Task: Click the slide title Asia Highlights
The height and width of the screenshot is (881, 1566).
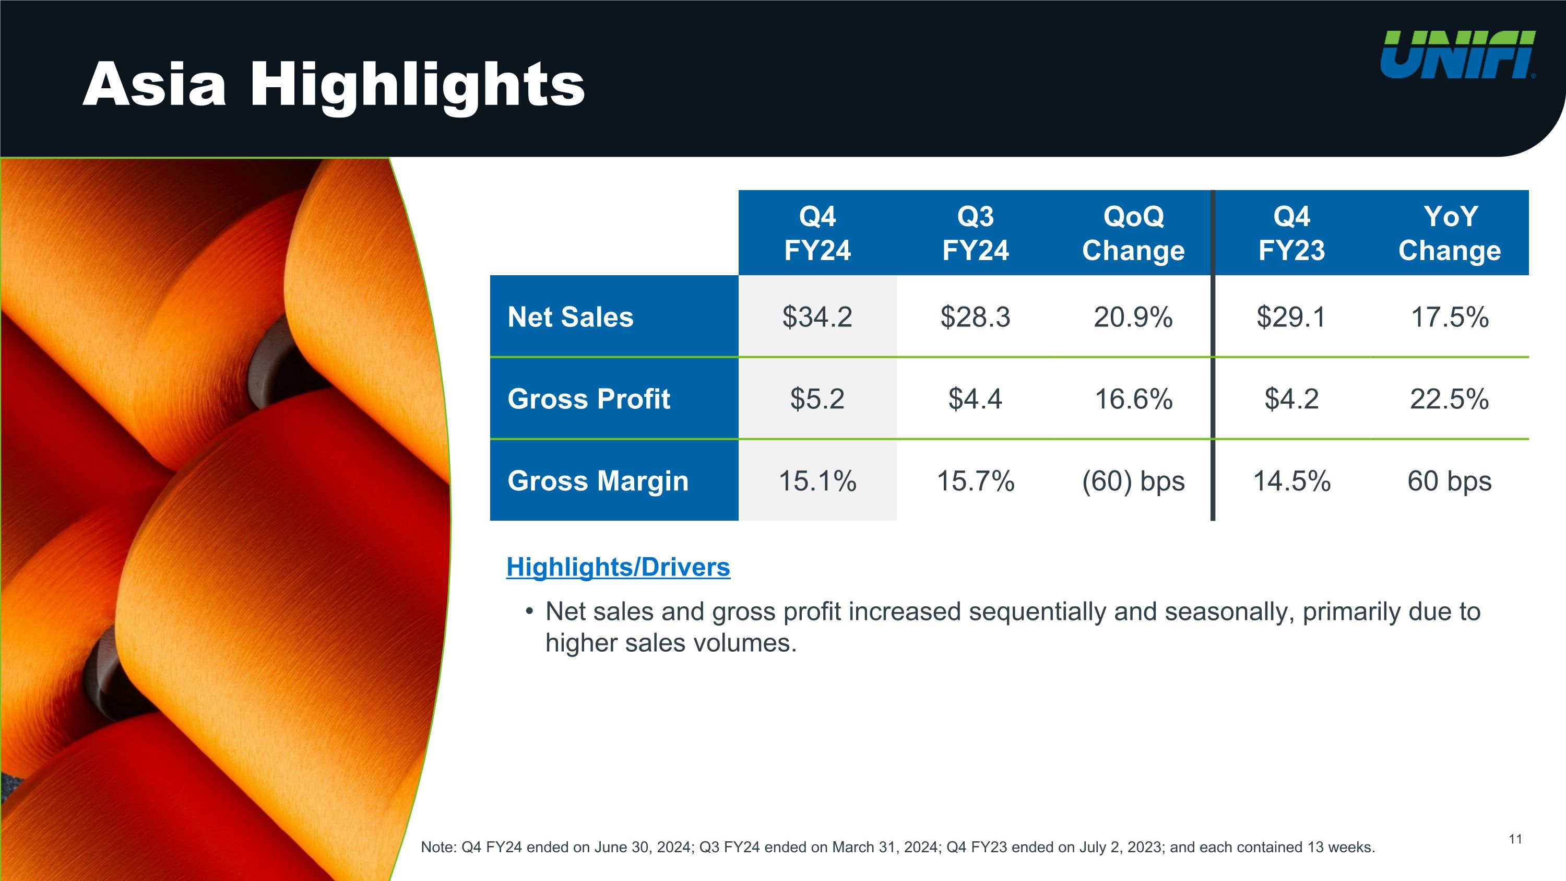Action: (x=334, y=85)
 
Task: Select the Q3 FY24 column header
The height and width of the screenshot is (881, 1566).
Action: (x=975, y=233)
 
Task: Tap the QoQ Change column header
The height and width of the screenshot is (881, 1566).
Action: (x=1133, y=233)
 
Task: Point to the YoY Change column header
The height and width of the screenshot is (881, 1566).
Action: (x=1449, y=233)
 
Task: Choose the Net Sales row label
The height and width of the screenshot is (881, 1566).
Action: (x=570, y=317)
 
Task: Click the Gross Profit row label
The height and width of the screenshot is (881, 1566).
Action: (x=588, y=399)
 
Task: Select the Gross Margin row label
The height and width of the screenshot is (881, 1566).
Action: (x=598, y=481)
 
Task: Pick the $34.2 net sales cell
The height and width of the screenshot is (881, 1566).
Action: (x=817, y=317)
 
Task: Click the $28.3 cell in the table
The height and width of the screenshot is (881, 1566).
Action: (x=975, y=317)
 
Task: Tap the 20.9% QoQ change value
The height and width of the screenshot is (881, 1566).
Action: (x=1133, y=317)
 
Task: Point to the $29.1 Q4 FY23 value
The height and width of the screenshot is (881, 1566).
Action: (x=1291, y=317)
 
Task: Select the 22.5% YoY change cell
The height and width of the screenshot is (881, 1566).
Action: (x=1449, y=399)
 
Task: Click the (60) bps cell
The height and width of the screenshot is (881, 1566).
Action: (x=1133, y=481)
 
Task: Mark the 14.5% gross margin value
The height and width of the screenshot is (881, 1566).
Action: (x=1292, y=481)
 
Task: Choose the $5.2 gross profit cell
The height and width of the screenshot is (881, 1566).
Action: (x=817, y=399)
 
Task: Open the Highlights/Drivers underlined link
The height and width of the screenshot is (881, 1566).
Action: (x=618, y=567)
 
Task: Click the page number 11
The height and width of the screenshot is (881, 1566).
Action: (x=1515, y=840)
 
